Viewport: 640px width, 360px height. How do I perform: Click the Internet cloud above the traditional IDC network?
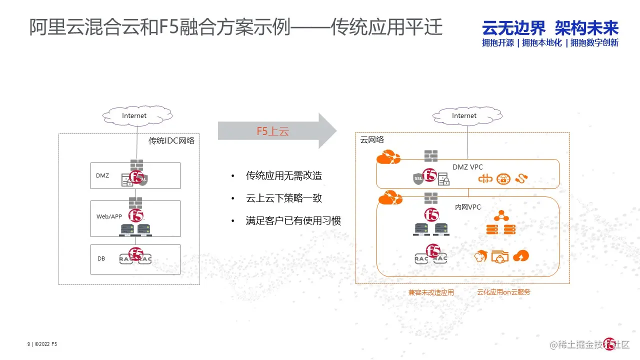pos(134,115)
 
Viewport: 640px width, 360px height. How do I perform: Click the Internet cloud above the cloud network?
pos(464,115)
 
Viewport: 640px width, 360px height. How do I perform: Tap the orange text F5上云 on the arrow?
pos(273,131)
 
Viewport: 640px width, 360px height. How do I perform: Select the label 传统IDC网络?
pos(171,141)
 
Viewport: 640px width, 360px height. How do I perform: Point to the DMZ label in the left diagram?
pos(102,175)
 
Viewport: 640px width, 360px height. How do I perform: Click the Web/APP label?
pos(109,216)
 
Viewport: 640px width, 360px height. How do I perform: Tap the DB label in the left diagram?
pos(101,258)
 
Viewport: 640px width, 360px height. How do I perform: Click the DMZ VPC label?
pos(467,167)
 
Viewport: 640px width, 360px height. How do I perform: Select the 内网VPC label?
pos(467,206)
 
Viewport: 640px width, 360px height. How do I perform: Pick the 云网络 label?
pos(372,140)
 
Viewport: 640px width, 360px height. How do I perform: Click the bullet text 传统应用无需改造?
pos(283,175)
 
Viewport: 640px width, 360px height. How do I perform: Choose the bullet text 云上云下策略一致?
pos(283,198)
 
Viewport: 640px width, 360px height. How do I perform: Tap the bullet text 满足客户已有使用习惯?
pos(293,220)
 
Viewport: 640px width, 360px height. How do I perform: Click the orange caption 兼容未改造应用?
pos(431,292)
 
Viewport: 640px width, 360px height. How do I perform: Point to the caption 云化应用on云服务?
pos(503,292)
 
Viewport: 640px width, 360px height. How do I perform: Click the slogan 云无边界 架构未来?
pos(550,28)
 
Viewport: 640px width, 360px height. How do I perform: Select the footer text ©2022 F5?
pos(46,344)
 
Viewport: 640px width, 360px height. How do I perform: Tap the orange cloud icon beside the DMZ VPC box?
pos(388,158)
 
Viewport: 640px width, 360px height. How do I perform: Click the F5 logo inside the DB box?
pos(136,253)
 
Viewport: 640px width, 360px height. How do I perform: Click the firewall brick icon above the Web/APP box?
pos(135,202)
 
